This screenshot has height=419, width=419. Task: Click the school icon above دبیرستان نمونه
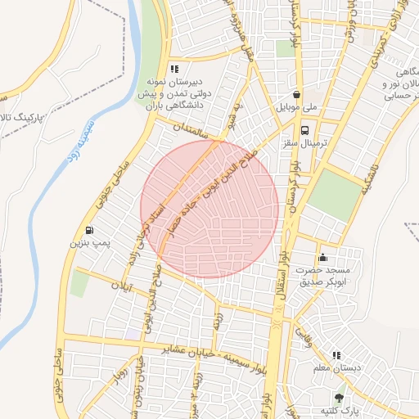pyautogui.click(x=173, y=70)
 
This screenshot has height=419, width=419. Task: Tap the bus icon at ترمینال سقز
pyautogui.click(x=305, y=130)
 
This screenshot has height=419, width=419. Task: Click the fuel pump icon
pyautogui.click(x=89, y=230)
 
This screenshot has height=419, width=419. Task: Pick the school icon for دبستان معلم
pyautogui.click(x=336, y=355)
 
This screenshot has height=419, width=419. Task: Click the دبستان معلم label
pyautogui.click(x=336, y=369)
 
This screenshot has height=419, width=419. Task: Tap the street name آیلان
pyautogui.click(x=121, y=287)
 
